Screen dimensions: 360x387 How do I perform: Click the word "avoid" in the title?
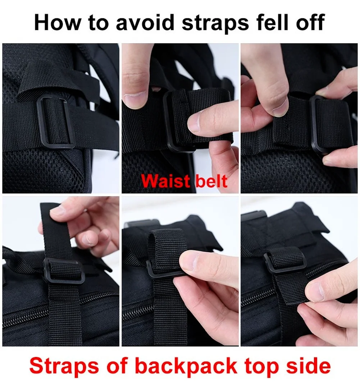(145, 23)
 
